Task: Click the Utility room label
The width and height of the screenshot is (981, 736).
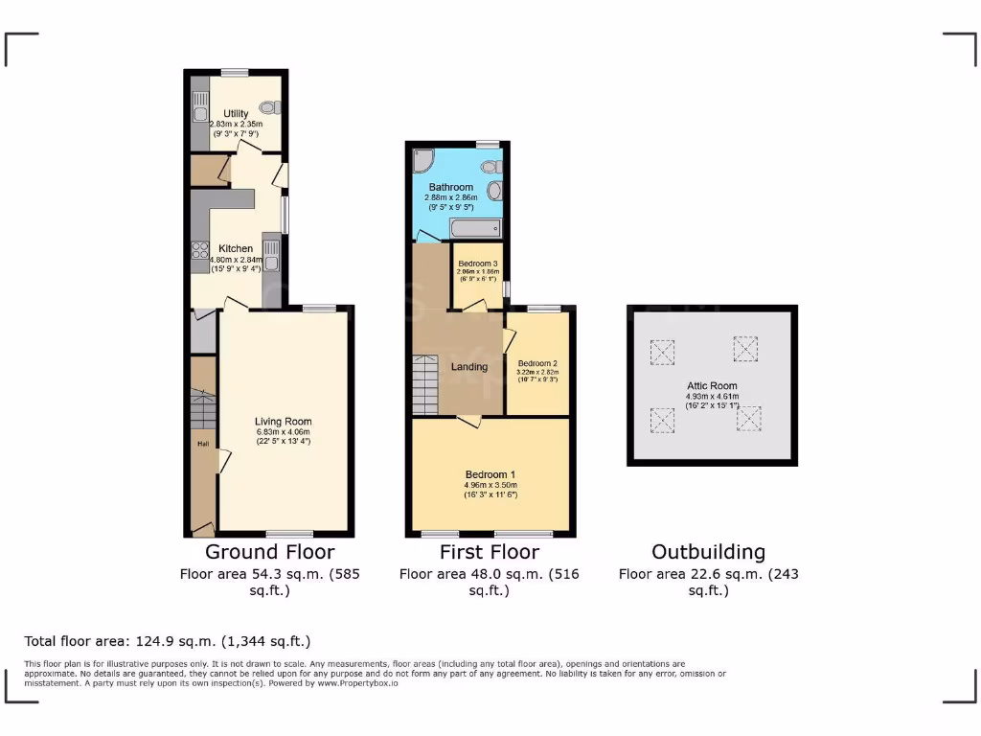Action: pos(236,114)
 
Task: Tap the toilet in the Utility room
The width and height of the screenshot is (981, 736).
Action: pos(267,108)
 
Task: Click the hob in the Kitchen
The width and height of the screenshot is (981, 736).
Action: pos(200,251)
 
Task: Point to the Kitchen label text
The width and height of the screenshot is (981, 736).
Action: pos(236,248)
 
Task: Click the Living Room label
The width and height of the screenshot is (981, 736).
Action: pos(283,421)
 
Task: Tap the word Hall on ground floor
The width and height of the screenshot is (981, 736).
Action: pos(203,444)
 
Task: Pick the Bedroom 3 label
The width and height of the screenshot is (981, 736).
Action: pos(477,264)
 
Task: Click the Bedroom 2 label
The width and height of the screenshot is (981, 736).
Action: pos(537,364)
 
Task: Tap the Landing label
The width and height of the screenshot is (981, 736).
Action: pos(469,367)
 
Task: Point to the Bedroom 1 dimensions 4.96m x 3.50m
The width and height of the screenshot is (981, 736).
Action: pos(490,485)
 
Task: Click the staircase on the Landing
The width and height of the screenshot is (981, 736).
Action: pos(424,383)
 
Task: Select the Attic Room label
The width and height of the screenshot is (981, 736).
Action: pos(712,384)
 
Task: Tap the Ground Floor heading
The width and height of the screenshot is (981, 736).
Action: pos(270,552)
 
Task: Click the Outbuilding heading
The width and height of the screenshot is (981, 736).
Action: pos(708,552)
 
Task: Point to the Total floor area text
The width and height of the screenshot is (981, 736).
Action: pos(167,641)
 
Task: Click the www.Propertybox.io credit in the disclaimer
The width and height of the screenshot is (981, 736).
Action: pos(371,683)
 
